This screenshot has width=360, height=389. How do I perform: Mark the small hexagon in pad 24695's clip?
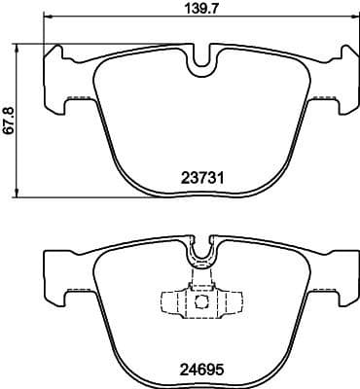click(x=200, y=301)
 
